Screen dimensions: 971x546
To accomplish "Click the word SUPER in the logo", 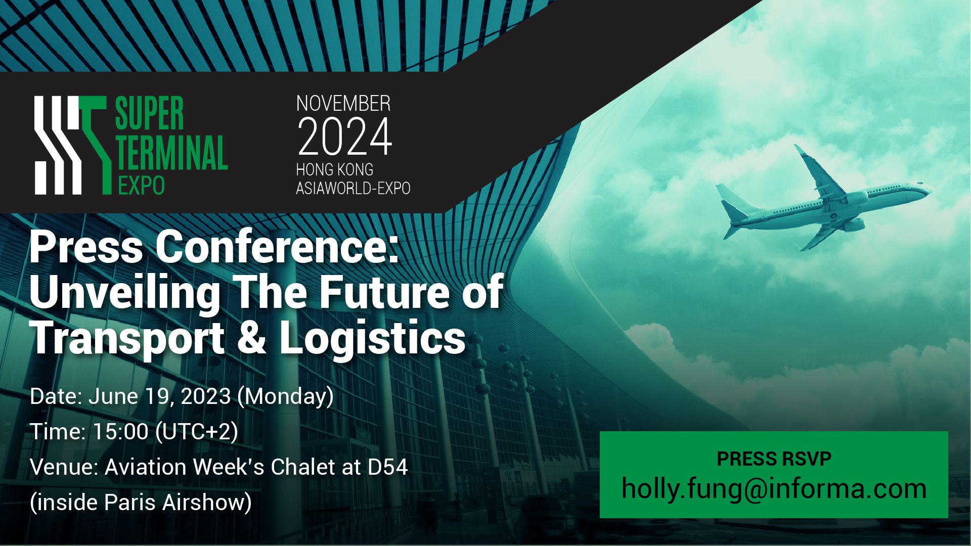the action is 149,114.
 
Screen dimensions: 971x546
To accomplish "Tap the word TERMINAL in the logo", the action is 172,153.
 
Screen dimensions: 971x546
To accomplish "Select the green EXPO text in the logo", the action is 142,186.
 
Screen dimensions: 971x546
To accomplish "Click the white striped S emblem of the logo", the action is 58,145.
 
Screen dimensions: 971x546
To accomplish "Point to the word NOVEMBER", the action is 343,104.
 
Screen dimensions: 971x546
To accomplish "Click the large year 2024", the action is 345,136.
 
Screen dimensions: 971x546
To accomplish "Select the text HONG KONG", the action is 335,169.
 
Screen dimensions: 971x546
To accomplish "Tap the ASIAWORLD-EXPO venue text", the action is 353,188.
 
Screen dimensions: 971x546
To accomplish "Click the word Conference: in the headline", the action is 277,247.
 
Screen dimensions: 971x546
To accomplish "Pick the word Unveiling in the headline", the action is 125,293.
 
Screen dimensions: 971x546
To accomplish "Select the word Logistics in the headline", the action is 372,338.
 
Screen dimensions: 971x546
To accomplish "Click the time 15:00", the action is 120,432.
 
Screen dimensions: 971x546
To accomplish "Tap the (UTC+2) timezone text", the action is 197,432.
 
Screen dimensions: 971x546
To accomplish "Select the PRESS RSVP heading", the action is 774,459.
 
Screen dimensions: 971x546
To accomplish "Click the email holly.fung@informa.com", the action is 774,489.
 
